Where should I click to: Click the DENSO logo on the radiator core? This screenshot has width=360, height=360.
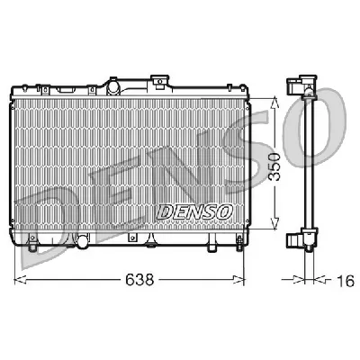(x=195, y=211)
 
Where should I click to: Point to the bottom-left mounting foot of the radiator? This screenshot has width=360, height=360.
(x=32, y=242)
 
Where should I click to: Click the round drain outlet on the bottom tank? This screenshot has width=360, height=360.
(x=83, y=241)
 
